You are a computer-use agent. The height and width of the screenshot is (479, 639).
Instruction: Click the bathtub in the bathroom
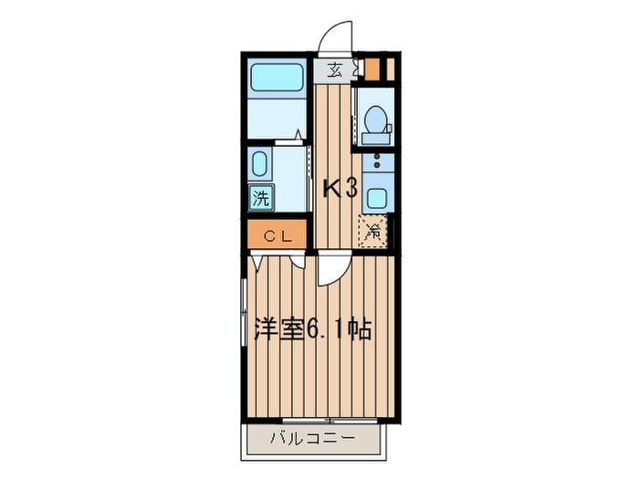pyautogui.click(x=277, y=78)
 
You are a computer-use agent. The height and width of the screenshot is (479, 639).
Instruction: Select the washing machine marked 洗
pyautogui.click(x=261, y=198)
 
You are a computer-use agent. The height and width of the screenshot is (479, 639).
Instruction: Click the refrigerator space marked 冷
pyautogui.click(x=372, y=231)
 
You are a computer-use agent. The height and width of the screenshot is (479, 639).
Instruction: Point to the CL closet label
pyautogui.click(x=278, y=235)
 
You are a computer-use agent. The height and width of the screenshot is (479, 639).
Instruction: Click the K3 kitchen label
pyautogui.click(x=340, y=189)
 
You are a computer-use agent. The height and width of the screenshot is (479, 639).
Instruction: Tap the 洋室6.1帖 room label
pyautogui.click(x=312, y=329)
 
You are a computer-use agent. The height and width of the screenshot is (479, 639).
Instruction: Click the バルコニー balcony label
pyautogui.click(x=312, y=439)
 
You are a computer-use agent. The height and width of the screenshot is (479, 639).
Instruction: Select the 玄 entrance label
pyautogui.click(x=335, y=71)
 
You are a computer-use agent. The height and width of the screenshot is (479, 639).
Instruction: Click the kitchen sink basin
pyautogui.click(x=377, y=198)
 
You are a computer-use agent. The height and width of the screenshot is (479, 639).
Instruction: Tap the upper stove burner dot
pyautogui.click(x=377, y=156)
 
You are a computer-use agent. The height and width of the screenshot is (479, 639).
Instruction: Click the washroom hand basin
pyautogui.click(x=259, y=163)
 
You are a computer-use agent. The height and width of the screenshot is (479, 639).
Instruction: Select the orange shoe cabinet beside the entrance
pyautogui.click(x=372, y=69)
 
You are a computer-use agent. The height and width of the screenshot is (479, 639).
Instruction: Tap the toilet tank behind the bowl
pyautogui.click(x=375, y=139)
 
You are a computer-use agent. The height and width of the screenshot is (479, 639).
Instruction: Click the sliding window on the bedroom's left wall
pyautogui.click(x=244, y=312)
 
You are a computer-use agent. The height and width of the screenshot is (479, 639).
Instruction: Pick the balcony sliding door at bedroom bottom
pyautogui.click(x=330, y=421)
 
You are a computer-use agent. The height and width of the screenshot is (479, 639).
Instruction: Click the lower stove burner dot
pyautogui.click(x=377, y=165)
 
